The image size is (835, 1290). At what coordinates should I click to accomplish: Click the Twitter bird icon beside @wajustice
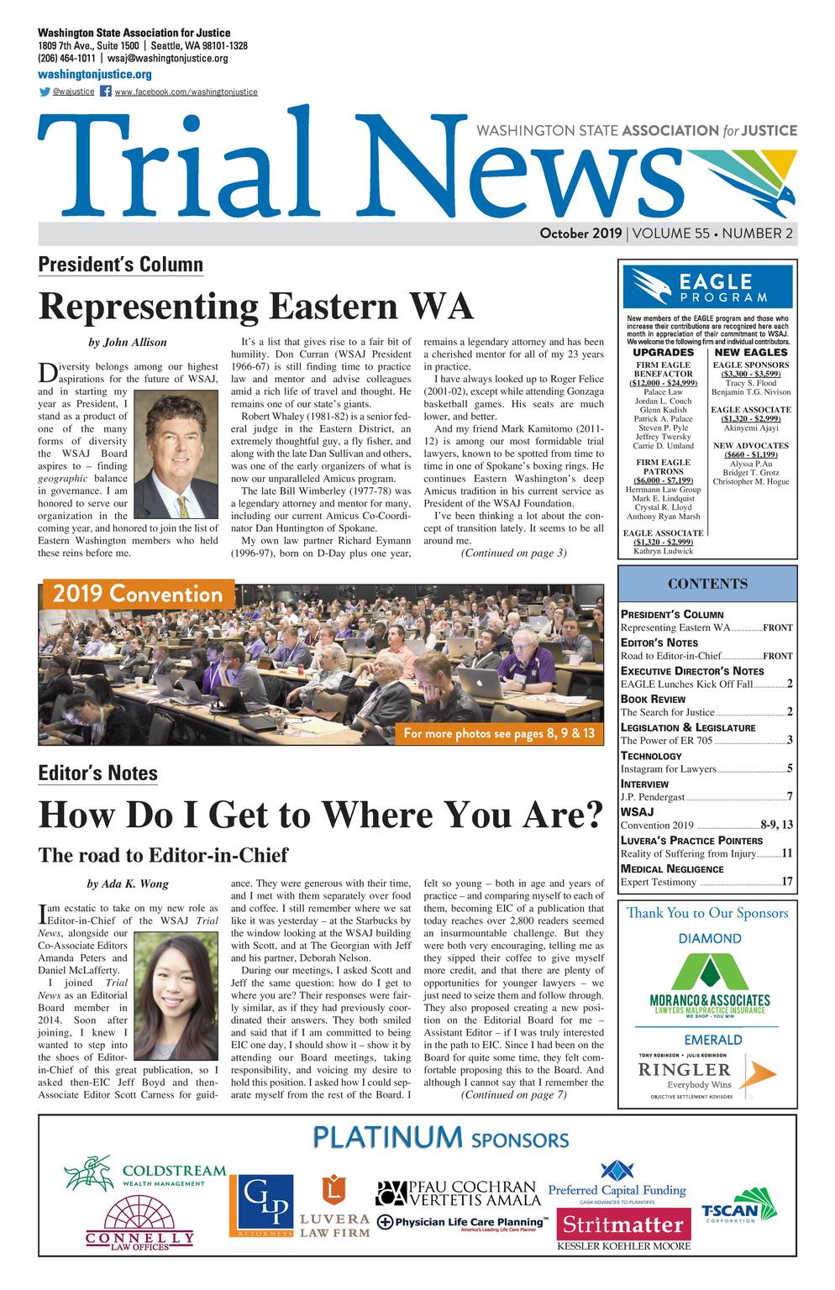pyautogui.click(x=44, y=92)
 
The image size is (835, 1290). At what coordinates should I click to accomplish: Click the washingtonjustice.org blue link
pyautogui.click(x=94, y=75)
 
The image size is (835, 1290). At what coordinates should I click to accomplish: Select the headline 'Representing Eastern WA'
pyautogui.click(x=256, y=307)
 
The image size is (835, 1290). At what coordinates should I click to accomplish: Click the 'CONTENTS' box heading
pyautogui.click(x=707, y=584)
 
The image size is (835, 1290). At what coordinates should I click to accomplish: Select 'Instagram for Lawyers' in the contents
pyautogui.click(x=668, y=768)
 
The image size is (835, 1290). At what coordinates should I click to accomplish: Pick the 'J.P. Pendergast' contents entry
pyautogui.click(x=652, y=797)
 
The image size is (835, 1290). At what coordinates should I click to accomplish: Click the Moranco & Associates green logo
pyautogui.click(x=709, y=983)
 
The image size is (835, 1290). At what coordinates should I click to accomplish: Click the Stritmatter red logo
pyautogui.click(x=623, y=1224)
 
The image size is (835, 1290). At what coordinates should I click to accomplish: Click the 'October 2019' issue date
pyautogui.click(x=580, y=233)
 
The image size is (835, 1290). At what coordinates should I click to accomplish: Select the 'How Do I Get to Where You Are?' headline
pyautogui.click(x=321, y=815)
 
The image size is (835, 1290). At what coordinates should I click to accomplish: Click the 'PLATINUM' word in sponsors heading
pyautogui.click(x=387, y=1138)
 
